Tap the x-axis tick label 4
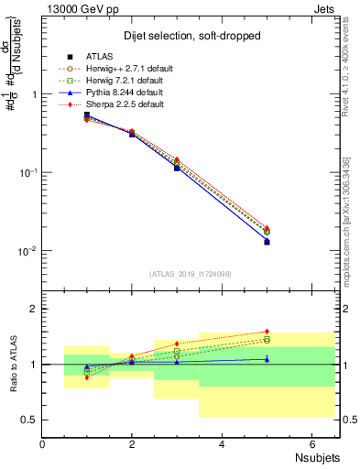point(223,444)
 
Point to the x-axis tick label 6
point(311,444)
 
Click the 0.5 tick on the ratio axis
point(30,420)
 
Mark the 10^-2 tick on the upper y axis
point(27,251)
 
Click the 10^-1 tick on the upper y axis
point(27,172)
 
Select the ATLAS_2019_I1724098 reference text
point(190,274)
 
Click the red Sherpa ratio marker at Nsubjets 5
point(267,332)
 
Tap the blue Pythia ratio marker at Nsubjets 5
point(267,359)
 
